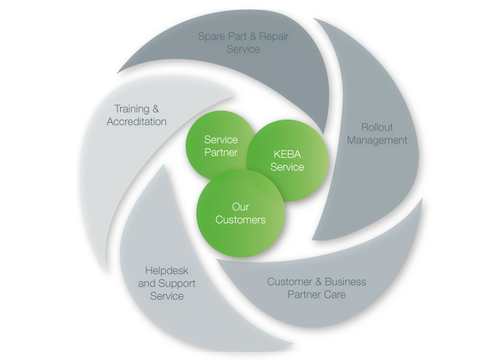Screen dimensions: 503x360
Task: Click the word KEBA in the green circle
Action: click(287, 154)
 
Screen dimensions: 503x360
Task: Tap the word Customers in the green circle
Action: click(240, 220)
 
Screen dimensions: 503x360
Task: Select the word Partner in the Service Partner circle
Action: click(221, 152)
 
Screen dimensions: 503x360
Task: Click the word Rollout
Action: click(377, 127)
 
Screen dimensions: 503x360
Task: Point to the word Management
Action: click(377, 140)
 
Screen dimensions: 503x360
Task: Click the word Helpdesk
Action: click(167, 271)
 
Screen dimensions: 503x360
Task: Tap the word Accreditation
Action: click(136, 121)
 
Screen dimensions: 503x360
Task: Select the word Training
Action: click(132, 109)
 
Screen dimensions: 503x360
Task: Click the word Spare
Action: click(211, 37)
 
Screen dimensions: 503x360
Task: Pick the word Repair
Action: click(274, 37)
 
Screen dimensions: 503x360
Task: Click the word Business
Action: click(345, 281)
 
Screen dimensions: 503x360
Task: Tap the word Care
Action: click(336, 295)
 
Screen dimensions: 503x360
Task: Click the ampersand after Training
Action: click(155, 109)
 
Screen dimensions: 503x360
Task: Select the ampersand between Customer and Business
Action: click(318, 281)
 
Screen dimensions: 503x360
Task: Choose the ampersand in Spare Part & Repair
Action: click(253, 37)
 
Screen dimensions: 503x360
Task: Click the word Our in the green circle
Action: click(240, 207)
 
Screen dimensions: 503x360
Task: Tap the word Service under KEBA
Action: click(287, 167)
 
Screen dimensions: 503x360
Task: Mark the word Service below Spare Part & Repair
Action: click(243, 49)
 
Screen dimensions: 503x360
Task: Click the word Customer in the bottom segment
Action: click(290, 281)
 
